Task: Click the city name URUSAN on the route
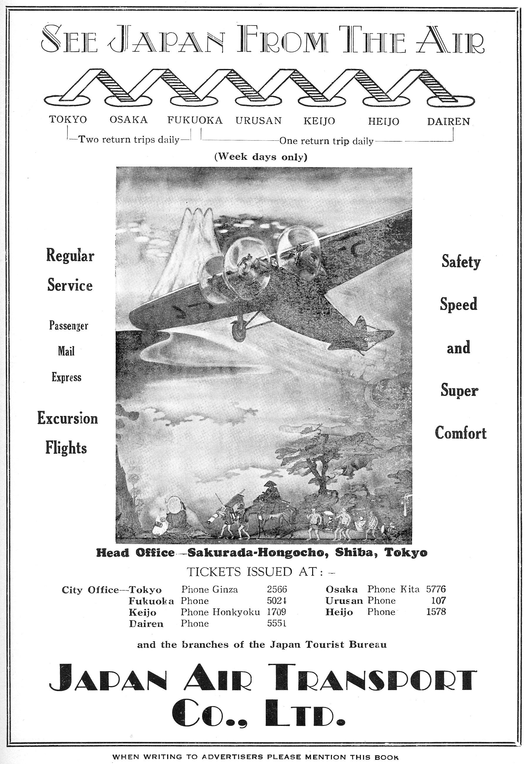(x=258, y=120)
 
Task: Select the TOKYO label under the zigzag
(x=68, y=119)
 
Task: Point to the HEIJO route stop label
(x=384, y=121)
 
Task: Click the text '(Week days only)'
(x=261, y=157)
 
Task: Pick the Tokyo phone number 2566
(x=277, y=589)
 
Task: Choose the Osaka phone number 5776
(x=436, y=589)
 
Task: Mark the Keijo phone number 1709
(x=276, y=612)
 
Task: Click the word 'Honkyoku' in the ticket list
(x=236, y=612)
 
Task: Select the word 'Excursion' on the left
(x=68, y=418)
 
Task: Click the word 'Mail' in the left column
(x=66, y=351)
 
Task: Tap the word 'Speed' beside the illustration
(x=458, y=304)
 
